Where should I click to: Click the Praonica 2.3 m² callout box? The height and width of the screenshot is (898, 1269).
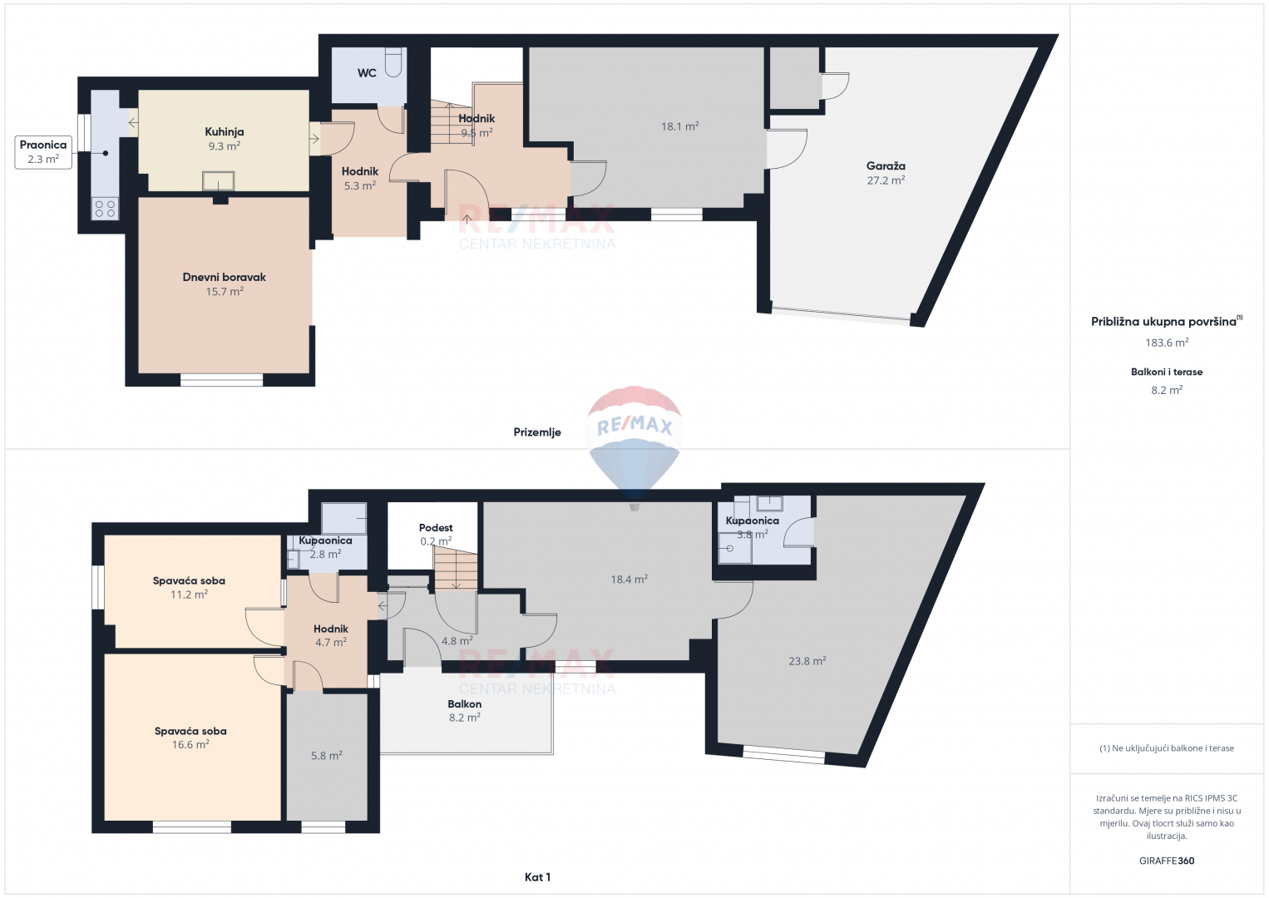(43, 152)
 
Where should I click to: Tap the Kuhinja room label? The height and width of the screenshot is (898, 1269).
(225, 132)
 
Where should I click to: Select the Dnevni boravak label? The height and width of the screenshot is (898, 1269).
(225, 277)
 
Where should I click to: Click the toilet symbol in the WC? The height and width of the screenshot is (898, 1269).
(393, 62)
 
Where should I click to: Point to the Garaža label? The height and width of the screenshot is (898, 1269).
(886, 166)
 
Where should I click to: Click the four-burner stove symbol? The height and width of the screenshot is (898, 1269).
(105, 208)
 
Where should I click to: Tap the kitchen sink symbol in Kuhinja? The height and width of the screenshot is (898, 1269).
(218, 181)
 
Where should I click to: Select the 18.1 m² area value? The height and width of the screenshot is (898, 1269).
(680, 126)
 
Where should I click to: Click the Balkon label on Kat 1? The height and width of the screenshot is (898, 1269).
(465, 703)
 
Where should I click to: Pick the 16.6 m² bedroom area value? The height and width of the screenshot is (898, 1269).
(190, 744)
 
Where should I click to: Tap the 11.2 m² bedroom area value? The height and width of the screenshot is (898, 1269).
(190, 595)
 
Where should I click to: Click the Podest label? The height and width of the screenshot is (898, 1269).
(436, 527)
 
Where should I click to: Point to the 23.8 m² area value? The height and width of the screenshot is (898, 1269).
(807, 660)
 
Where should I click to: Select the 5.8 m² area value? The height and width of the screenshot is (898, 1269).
(327, 755)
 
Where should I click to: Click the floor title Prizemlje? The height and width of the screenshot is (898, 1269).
(537, 432)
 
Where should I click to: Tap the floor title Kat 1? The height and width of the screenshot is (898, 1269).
(537, 877)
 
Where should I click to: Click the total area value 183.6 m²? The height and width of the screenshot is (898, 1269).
(1167, 343)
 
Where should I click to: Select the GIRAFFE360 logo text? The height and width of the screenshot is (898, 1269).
(1167, 861)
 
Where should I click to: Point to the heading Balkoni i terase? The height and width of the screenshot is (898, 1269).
(1167, 372)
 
